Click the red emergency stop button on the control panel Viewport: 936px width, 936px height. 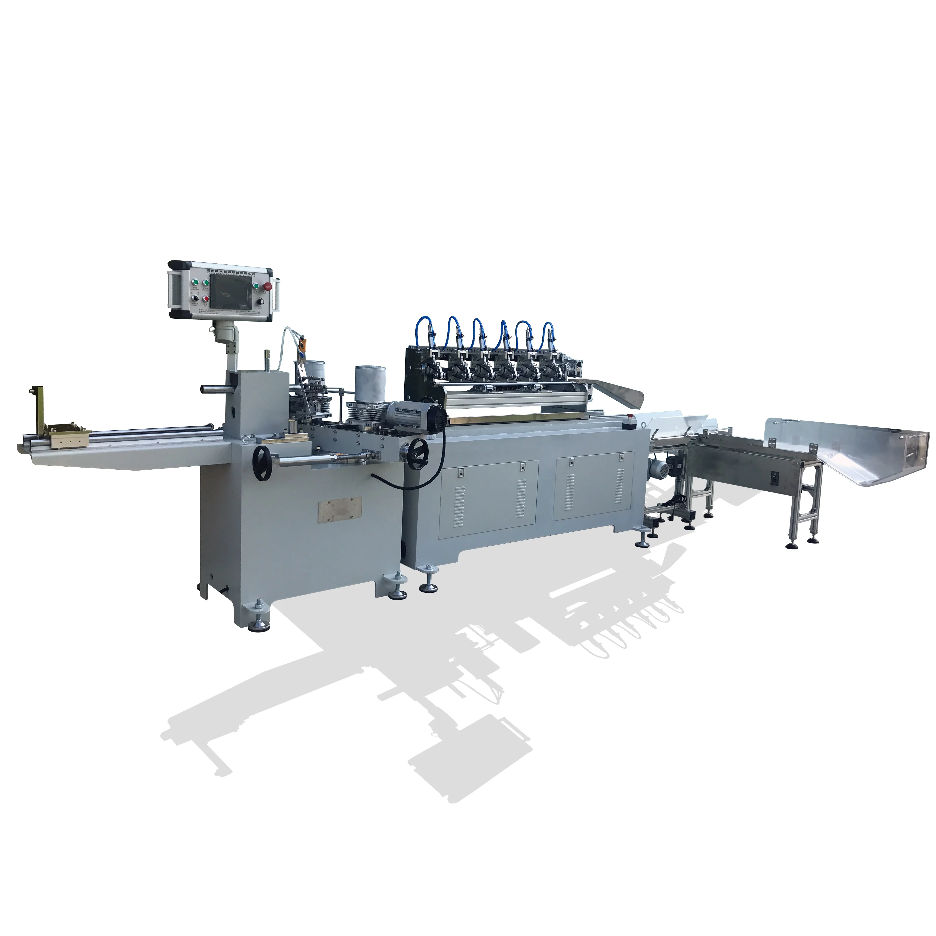(x=267, y=287)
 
